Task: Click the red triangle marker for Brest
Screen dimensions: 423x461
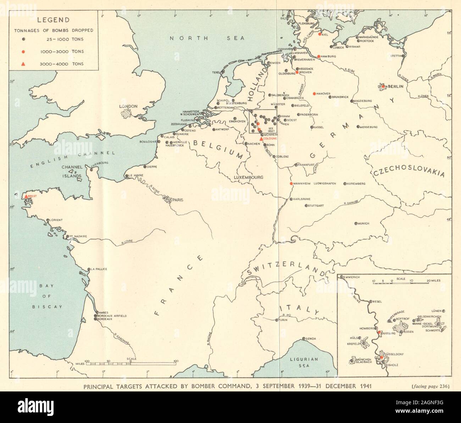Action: pos(26,196)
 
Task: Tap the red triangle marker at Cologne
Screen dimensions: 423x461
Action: pos(261,139)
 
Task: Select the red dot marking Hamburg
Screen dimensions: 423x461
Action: pos(319,56)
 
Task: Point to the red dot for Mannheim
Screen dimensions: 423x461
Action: pos(291,183)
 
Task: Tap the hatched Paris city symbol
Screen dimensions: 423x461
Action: pos(166,200)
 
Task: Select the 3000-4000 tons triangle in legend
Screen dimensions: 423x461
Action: pos(23,64)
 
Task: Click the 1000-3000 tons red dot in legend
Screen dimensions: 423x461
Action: pos(23,52)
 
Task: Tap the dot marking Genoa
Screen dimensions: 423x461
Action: pos(304,339)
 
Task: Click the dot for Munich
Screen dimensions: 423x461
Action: pos(356,223)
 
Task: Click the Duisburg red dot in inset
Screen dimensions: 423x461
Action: pos(379,333)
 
